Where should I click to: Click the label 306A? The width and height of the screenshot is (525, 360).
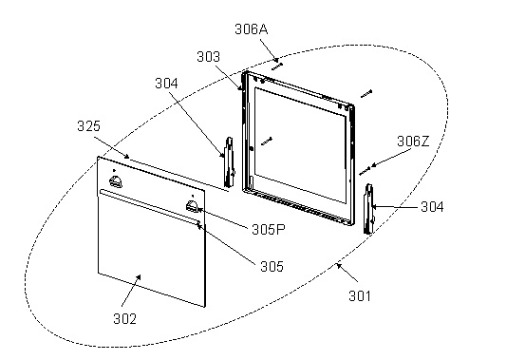pyautogui.click(x=252, y=29)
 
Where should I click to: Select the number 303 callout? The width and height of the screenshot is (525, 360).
pyautogui.click(x=208, y=57)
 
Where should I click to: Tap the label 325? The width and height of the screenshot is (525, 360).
pyautogui.click(x=88, y=126)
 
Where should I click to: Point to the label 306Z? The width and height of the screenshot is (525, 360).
pyautogui.click(x=413, y=142)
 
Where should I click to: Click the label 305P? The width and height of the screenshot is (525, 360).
pyautogui.click(x=269, y=230)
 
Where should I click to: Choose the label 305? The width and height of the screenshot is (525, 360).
pyautogui.click(x=272, y=267)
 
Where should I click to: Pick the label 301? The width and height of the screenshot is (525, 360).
pyautogui.click(x=360, y=296)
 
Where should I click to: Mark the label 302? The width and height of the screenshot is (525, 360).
pyautogui.click(x=125, y=319)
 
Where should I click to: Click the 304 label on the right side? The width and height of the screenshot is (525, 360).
pyautogui.click(x=432, y=207)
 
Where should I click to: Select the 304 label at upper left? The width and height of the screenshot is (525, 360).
pyautogui.click(x=166, y=84)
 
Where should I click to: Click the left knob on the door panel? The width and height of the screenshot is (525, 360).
pyautogui.click(x=116, y=181)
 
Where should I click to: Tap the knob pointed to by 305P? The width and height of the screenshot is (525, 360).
pyautogui.click(x=193, y=206)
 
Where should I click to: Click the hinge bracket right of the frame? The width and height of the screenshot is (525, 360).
pyautogui.click(x=368, y=209)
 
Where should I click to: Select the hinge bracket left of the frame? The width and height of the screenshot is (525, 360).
pyautogui.click(x=230, y=162)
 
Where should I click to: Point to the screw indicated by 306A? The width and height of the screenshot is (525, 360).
pyautogui.click(x=277, y=66)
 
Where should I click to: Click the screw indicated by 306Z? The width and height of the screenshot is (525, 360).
pyautogui.click(x=365, y=171)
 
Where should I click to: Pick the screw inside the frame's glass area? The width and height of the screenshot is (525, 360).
pyautogui.click(x=267, y=142)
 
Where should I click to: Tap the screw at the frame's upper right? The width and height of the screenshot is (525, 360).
pyautogui.click(x=366, y=94)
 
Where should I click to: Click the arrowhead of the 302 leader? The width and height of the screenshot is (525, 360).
pyautogui.click(x=139, y=276)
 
